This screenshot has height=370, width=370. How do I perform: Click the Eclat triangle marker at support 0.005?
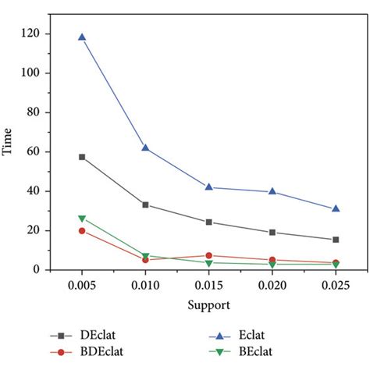[82, 37]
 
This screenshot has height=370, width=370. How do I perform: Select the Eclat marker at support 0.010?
[145, 148]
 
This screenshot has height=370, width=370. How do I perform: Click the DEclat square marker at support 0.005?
[82, 157]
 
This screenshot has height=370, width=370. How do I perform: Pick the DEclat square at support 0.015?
[208, 222]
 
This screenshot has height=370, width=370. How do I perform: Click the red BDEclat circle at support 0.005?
[82, 230]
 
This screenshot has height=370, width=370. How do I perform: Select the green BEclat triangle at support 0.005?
[82, 219]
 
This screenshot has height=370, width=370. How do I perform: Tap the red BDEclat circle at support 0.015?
[208, 255]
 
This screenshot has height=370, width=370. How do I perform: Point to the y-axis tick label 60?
[35, 151]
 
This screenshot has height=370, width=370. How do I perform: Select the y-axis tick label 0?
[38, 270]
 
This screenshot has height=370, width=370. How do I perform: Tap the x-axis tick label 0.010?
[145, 286]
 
